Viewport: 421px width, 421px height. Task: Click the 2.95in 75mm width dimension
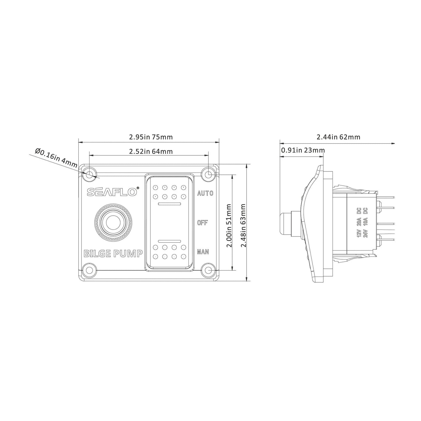tap(151, 137)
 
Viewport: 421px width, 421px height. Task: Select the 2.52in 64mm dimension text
tap(151, 152)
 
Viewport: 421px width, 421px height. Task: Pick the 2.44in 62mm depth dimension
tap(338, 137)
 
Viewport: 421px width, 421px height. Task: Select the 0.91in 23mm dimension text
tap(303, 150)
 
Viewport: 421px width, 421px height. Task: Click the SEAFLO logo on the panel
tap(112, 192)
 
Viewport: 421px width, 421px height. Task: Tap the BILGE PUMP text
tap(113, 253)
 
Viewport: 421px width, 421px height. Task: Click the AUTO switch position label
tap(205, 193)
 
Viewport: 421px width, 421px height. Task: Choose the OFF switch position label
tap(202, 223)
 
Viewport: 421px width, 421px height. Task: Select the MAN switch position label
tap(203, 252)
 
